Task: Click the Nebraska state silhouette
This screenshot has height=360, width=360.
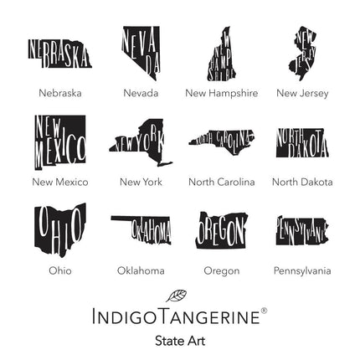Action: [x=59, y=54]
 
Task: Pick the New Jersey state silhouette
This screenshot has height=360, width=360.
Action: [x=303, y=52]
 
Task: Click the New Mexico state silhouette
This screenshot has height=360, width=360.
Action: [x=59, y=142]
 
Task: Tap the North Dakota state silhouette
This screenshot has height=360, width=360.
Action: [x=301, y=142]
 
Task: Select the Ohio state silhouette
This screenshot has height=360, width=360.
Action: [x=59, y=228]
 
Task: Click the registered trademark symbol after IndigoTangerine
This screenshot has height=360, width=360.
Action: [x=265, y=311]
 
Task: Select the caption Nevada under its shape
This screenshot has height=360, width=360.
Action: [x=141, y=93]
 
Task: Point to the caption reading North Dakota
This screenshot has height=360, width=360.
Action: [x=302, y=182]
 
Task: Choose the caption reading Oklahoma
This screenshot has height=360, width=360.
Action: [x=141, y=270]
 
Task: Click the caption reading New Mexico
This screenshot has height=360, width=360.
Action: [x=60, y=182]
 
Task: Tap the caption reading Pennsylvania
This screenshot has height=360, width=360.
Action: [x=302, y=270]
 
